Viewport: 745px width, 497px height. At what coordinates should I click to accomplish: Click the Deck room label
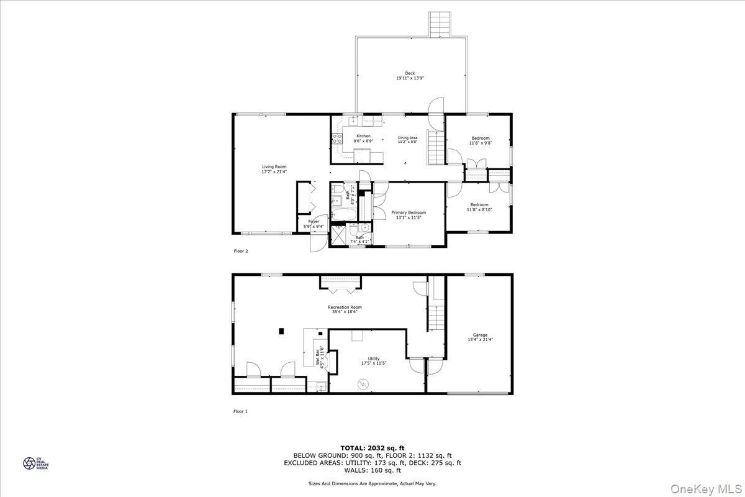point(410,73)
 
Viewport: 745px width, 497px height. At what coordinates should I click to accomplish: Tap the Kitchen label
point(363,136)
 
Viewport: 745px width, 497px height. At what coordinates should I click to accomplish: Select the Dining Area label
point(408,138)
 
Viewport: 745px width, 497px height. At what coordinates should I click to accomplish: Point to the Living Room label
point(274,166)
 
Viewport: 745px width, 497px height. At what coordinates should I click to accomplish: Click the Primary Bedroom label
point(409,212)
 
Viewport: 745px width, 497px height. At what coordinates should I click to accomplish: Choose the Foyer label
point(314,222)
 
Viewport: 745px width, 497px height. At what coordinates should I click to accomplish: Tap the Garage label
point(481,335)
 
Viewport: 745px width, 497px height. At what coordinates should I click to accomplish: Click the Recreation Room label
point(345,307)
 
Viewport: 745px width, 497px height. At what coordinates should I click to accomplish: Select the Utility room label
point(373,358)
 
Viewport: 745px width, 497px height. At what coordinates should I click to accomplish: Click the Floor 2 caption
point(240,251)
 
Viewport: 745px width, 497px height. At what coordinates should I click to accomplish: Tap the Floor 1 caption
point(240,411)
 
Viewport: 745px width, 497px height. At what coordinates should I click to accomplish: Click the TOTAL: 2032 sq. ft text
point(372,447)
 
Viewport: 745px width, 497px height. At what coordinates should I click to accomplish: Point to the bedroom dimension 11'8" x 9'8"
point(480,143)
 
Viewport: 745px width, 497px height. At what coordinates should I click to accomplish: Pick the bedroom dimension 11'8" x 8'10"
point(479,210)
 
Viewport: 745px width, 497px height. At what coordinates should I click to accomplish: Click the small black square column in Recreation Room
point(282,331)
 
